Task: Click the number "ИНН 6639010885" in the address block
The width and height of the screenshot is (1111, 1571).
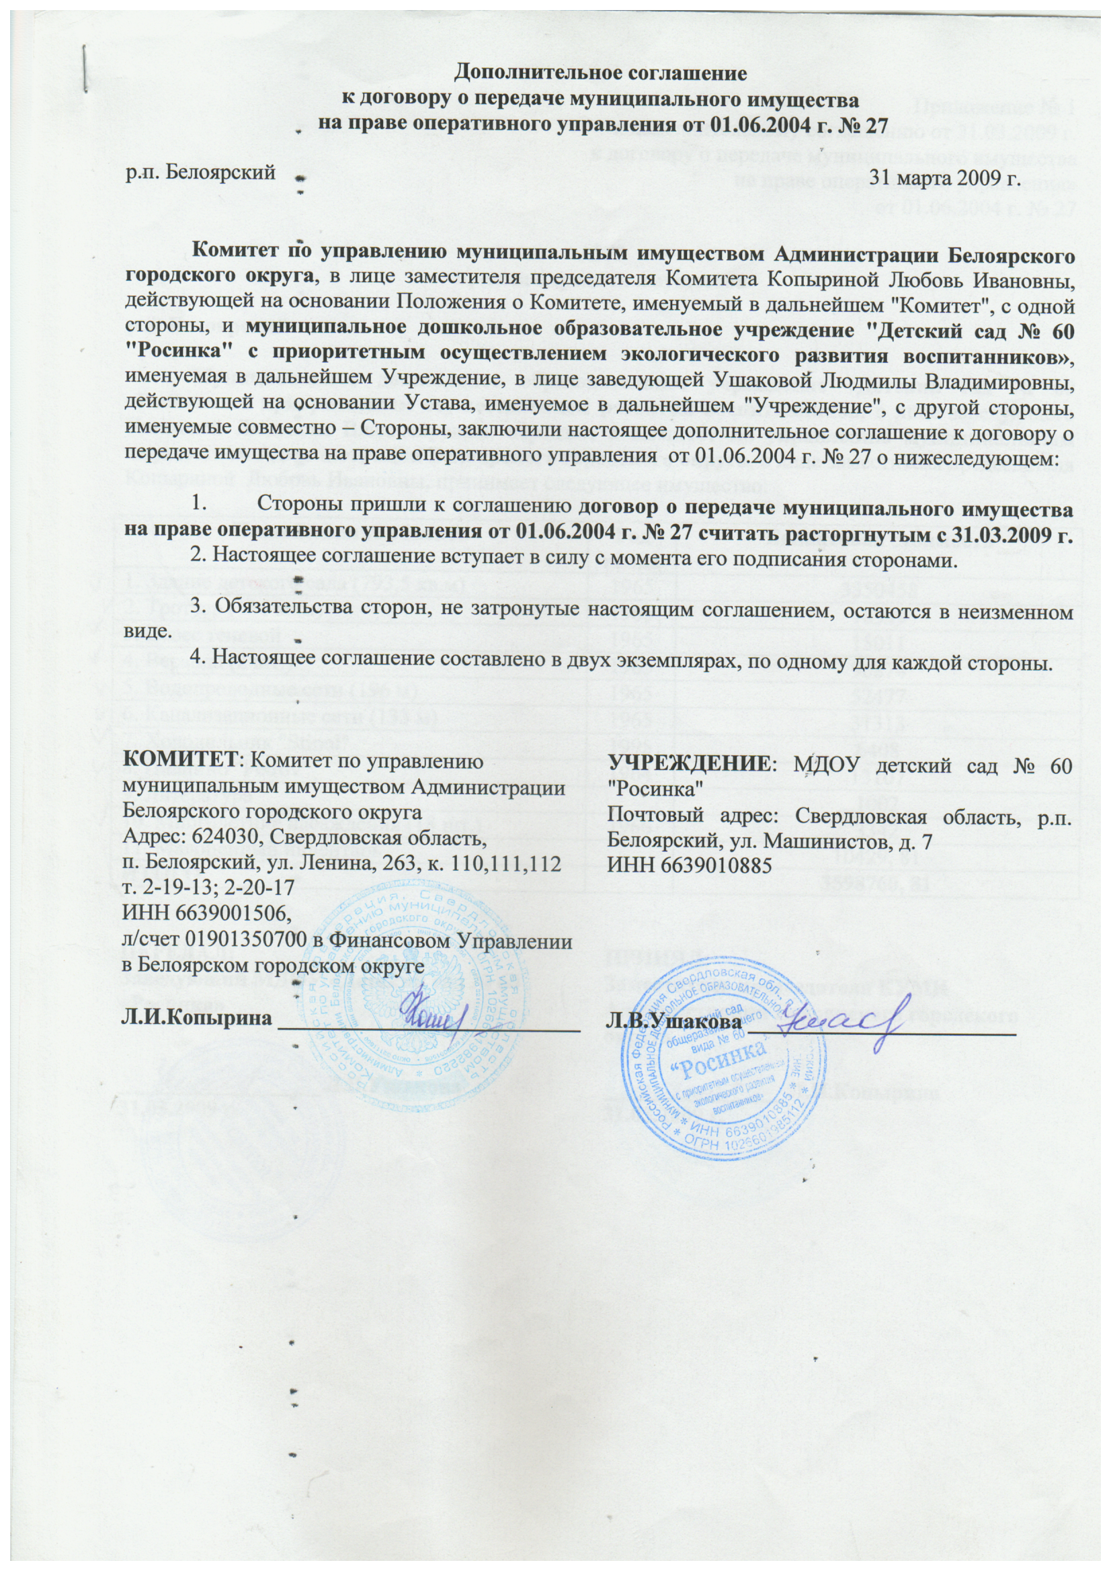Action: point(690,866)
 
